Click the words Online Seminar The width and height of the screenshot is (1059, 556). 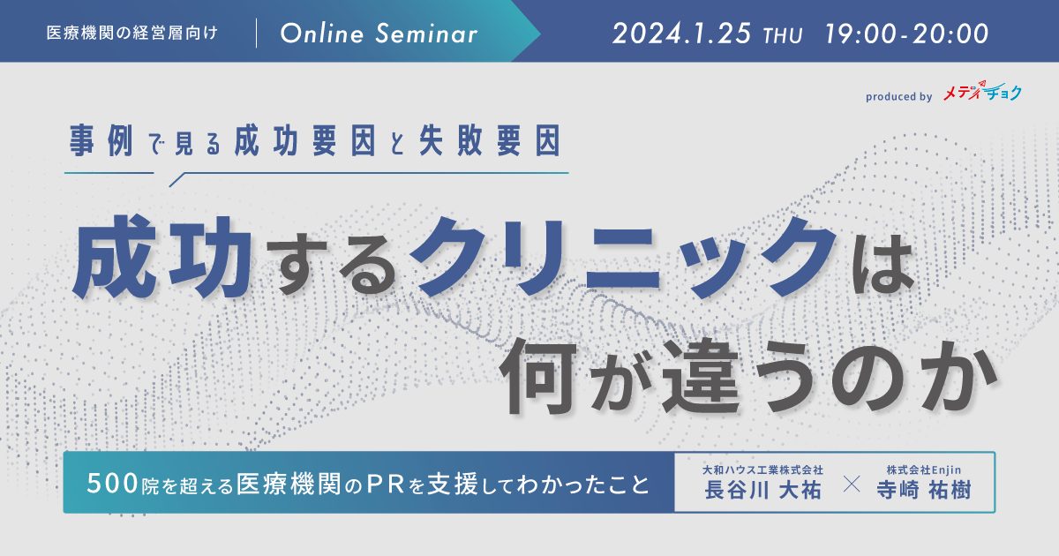tap(379, 34)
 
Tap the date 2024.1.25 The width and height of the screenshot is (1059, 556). tap(681, 34)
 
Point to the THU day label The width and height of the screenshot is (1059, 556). tap(783, 36)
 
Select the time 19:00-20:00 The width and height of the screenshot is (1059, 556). tap(907, 34)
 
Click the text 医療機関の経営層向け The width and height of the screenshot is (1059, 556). tap(131, 34)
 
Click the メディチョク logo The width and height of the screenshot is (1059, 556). tap(982, 91)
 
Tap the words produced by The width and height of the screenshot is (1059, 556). tap(898, 96)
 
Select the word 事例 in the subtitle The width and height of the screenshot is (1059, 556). tap(101, 140)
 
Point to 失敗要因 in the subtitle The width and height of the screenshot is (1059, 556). tap(490, 140)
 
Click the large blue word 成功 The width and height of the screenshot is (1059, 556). tap(162, 257)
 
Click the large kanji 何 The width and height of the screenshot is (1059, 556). tap(538, 376)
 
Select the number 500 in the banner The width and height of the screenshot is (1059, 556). tap(113, 484)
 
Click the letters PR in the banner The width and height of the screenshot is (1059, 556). tap(387, 484)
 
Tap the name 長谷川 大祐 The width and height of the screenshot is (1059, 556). tap(762, 490)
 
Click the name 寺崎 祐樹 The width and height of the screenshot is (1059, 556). tap(923, 490)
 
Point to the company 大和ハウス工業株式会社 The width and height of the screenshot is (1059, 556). tap(762, 470)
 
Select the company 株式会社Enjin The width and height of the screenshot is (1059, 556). tap(924, 470)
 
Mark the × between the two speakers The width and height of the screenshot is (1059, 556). tap(852, 485)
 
